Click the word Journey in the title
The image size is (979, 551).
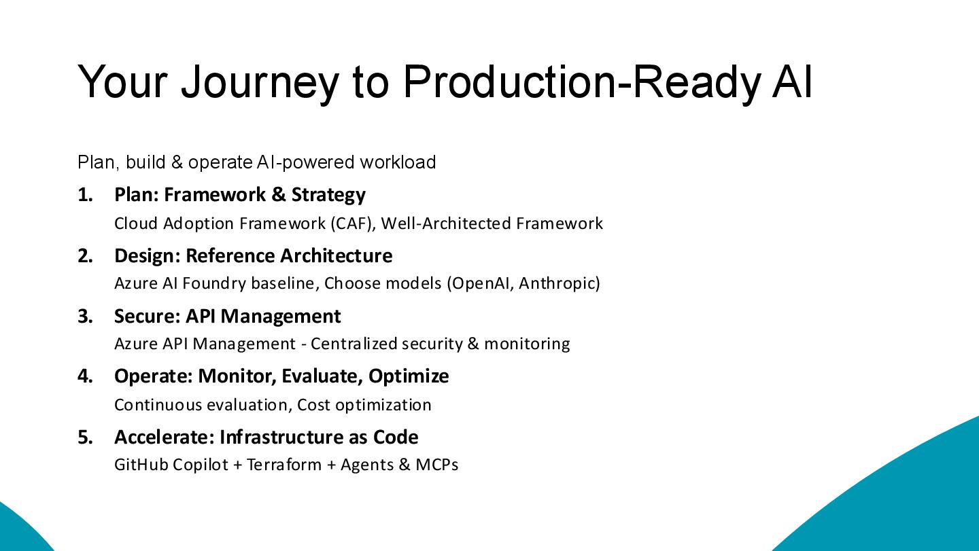coord(259,82)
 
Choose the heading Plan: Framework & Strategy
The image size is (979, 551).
coord(240,195)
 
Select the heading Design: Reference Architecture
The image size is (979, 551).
coord(253,256)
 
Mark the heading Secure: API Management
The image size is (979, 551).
coord(227,317)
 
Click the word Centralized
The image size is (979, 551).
coord(354,344)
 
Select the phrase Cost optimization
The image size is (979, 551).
coord(364,405)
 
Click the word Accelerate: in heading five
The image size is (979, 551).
coord(164,437)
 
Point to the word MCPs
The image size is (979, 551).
coord(437,465)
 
